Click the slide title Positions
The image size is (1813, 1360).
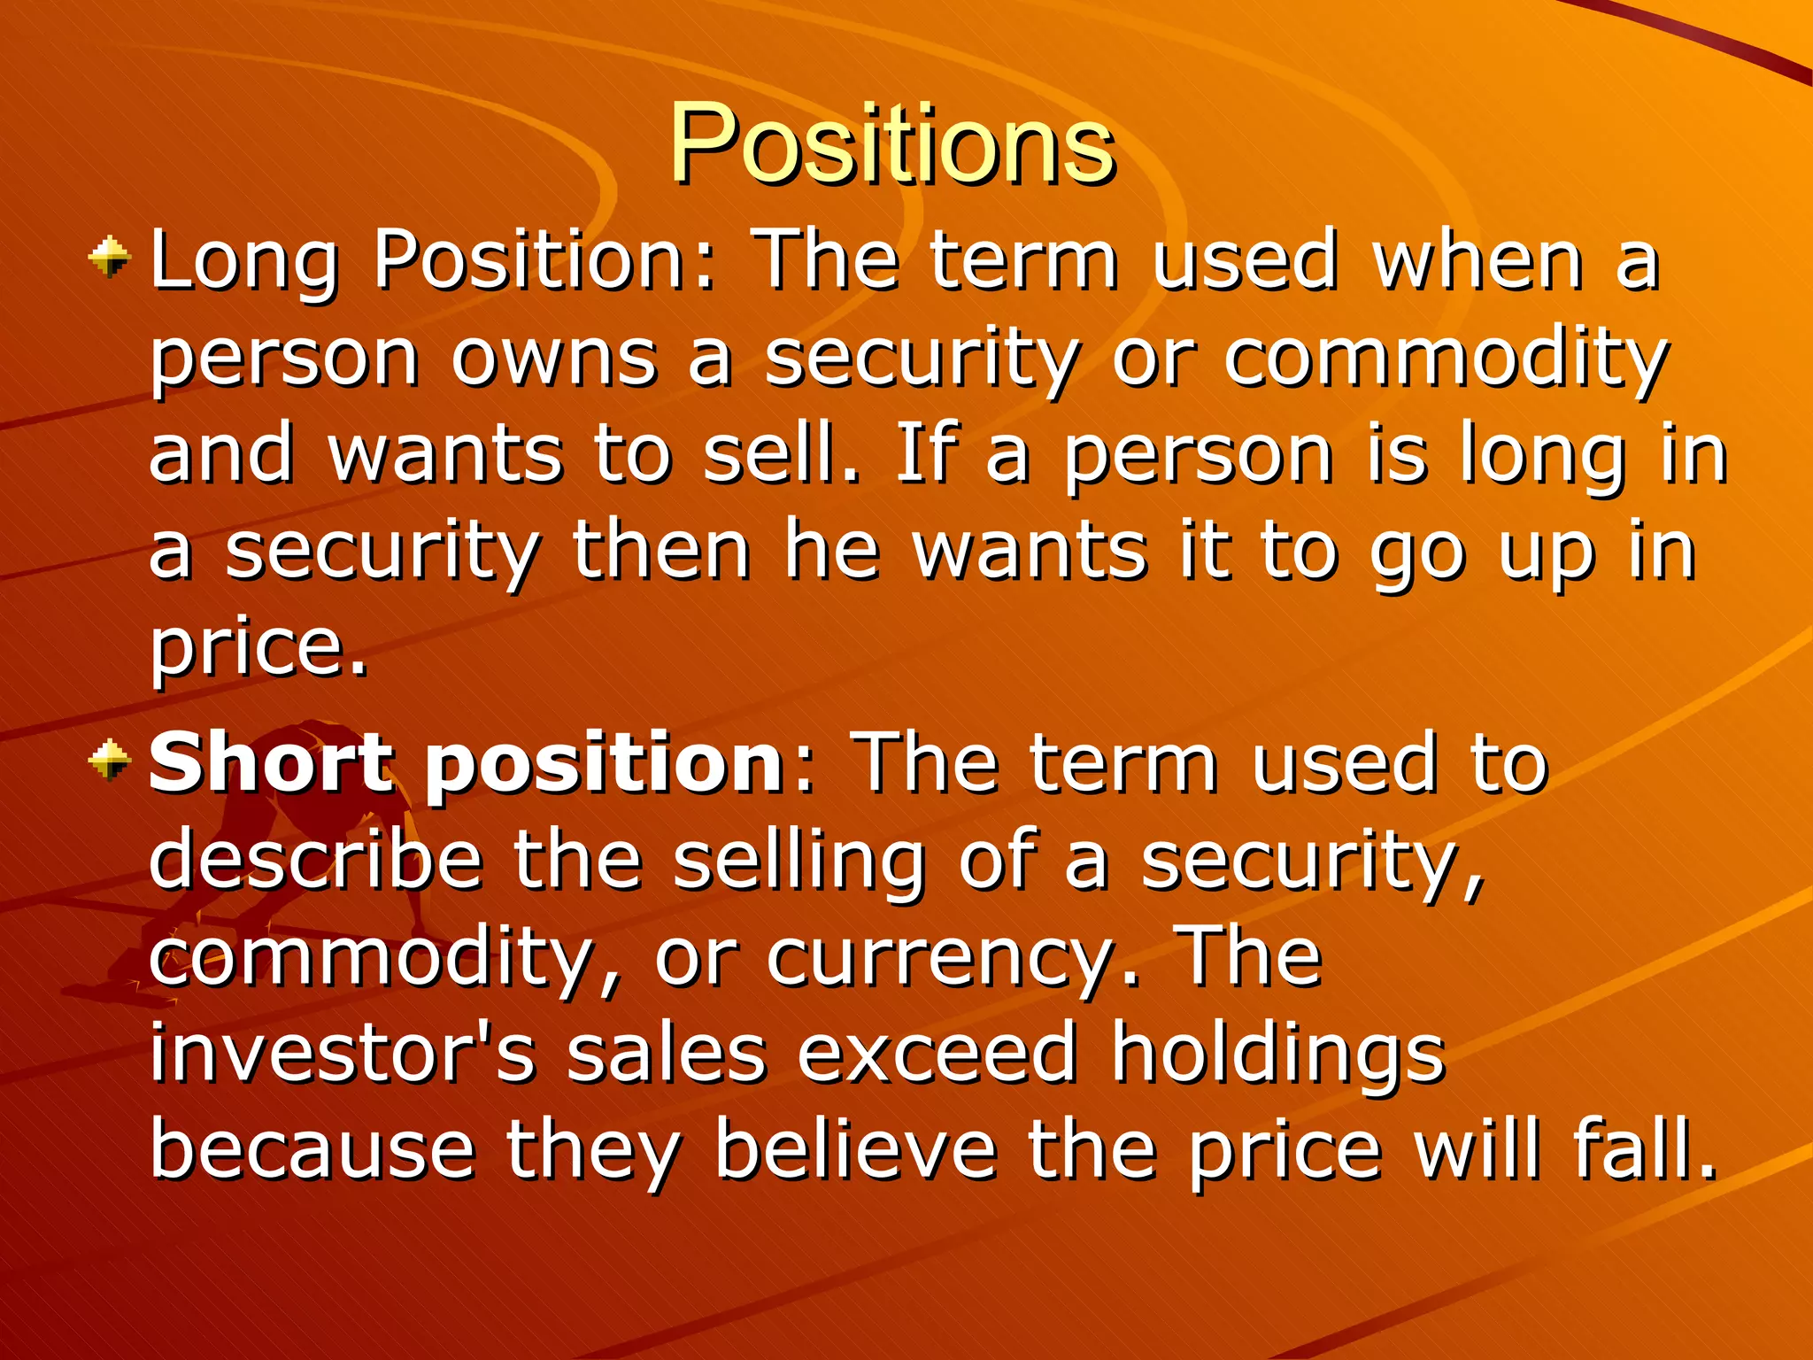pos(891,143)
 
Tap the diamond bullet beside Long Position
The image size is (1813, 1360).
pos(110,257)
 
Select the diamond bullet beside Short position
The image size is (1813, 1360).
pos(110,760)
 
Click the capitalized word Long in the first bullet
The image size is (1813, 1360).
pos(244,261)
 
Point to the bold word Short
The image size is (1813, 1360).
pos(269,762)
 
